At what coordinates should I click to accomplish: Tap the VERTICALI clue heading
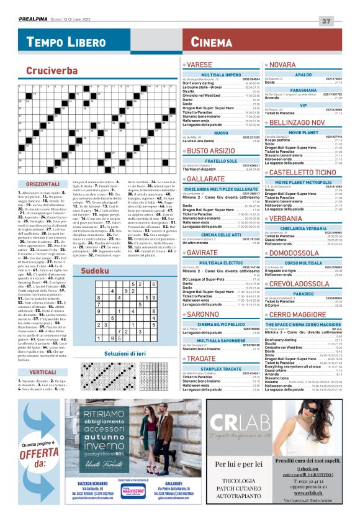[43, 372]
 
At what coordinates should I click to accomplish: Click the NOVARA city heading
[283, 65]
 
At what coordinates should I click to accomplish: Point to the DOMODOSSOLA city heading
[294, 253]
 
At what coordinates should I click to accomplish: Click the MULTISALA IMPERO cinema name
[221, 75]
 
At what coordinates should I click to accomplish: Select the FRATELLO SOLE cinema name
[221, 161]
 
